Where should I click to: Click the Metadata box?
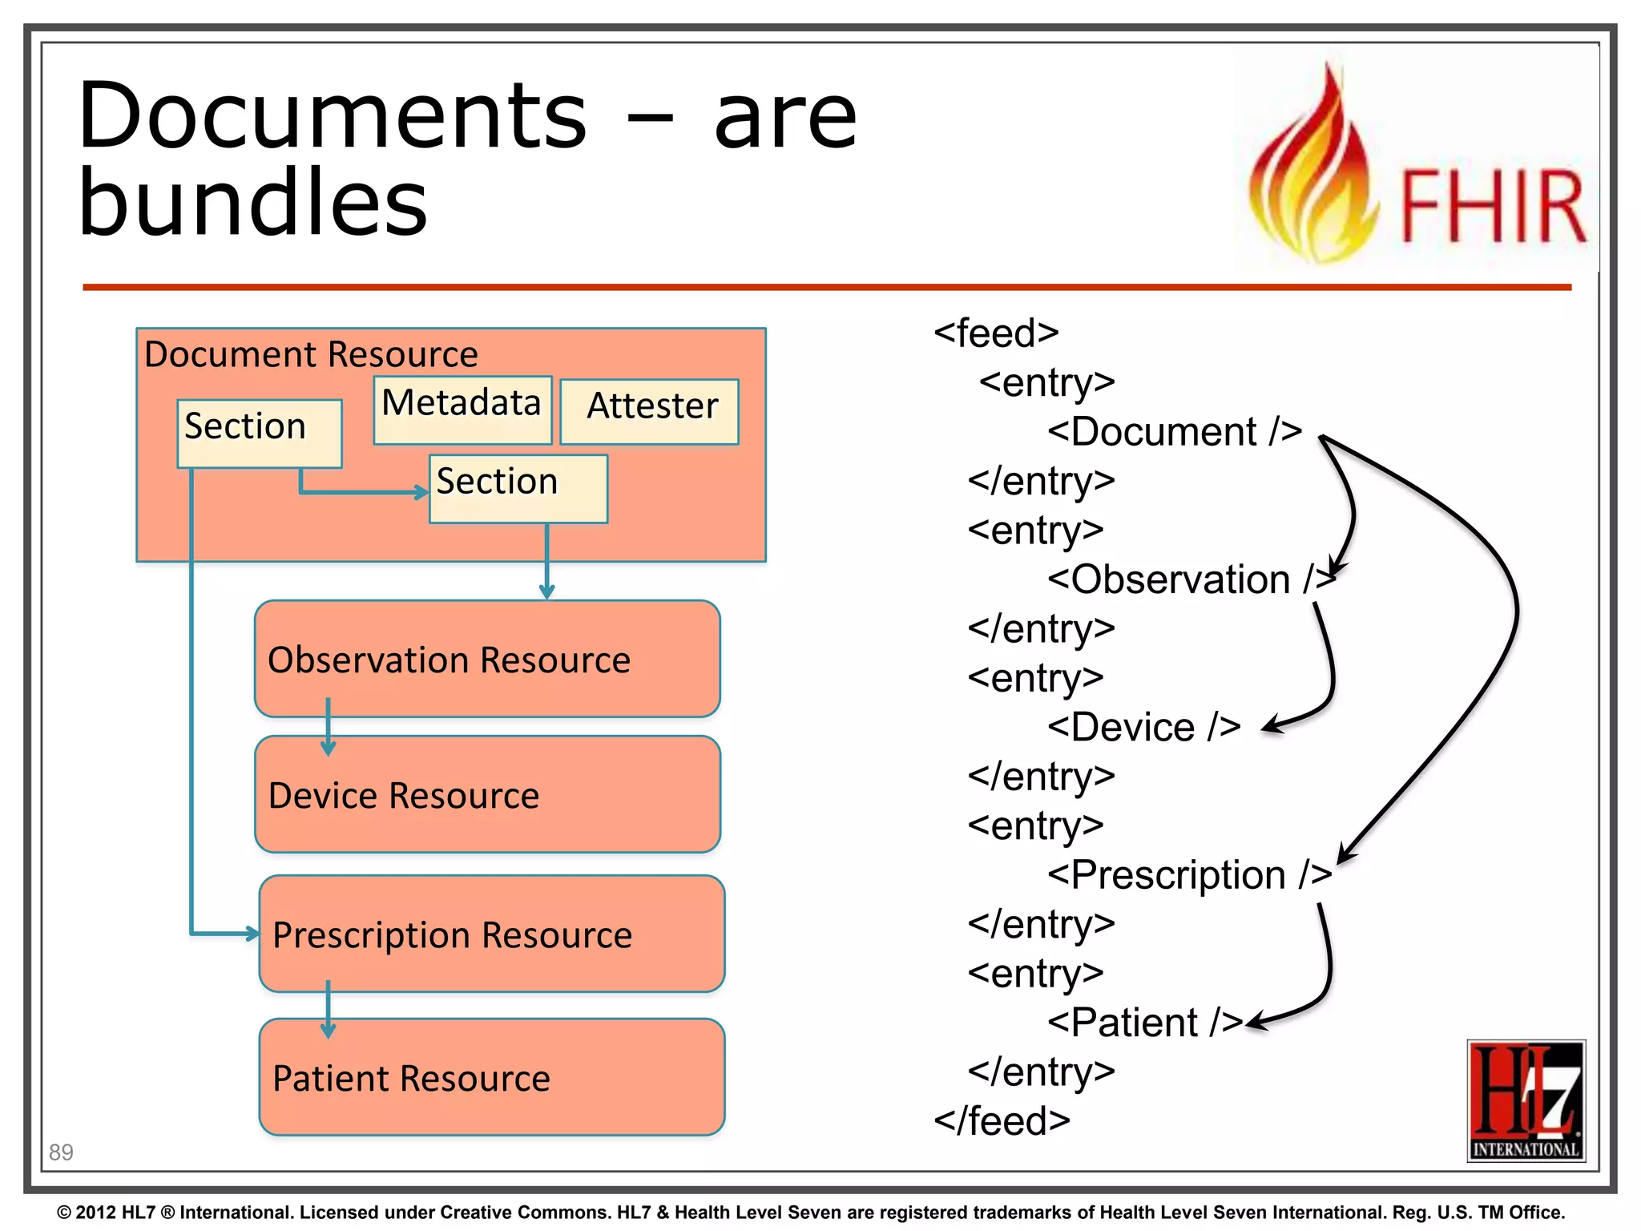[462, 409]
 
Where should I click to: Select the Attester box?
[649, 411]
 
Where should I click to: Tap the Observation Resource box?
[487, 659]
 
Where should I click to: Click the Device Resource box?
[487, 795]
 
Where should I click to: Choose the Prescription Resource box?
[491, 934]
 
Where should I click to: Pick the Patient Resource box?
[491, 1077]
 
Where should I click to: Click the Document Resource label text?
[311, 354]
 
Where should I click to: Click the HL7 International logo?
[1526, 1100]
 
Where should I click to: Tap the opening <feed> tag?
[996, 333]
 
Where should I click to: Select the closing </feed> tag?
[1002, 1120]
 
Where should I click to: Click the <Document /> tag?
[1174, 431]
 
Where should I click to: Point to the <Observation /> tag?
[1190, 579]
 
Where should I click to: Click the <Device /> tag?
[1143, 727]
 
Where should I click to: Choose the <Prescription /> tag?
[1188, 874]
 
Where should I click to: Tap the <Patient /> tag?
[1144, 1022]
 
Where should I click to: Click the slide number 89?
[61, 1152]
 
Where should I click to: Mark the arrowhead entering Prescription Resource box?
[253, 933]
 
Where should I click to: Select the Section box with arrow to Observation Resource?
[518, 489]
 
